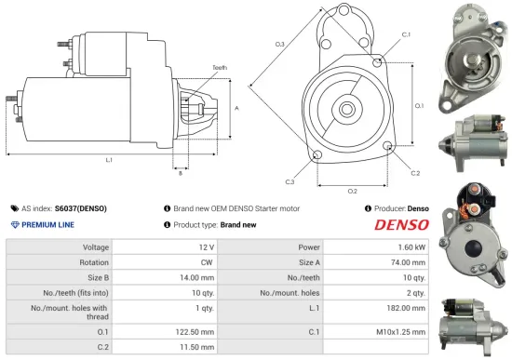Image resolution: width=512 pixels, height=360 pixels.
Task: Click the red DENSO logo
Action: (x=399, y=224)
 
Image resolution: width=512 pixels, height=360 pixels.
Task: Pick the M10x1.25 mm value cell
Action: (x=404, y=330)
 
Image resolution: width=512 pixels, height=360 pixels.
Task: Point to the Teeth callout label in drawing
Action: (x=219, y=67)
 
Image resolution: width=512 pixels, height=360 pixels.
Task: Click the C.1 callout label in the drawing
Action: (x=406, y=33)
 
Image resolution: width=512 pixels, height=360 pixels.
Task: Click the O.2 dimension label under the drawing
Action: (x=353, y=192)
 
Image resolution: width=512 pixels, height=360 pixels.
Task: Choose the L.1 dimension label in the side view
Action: (x=109, y=160)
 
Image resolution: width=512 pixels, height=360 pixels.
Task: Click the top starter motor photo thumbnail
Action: (x=476, y=51)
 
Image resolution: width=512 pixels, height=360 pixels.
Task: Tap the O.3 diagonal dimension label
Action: (x=279, y=45)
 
